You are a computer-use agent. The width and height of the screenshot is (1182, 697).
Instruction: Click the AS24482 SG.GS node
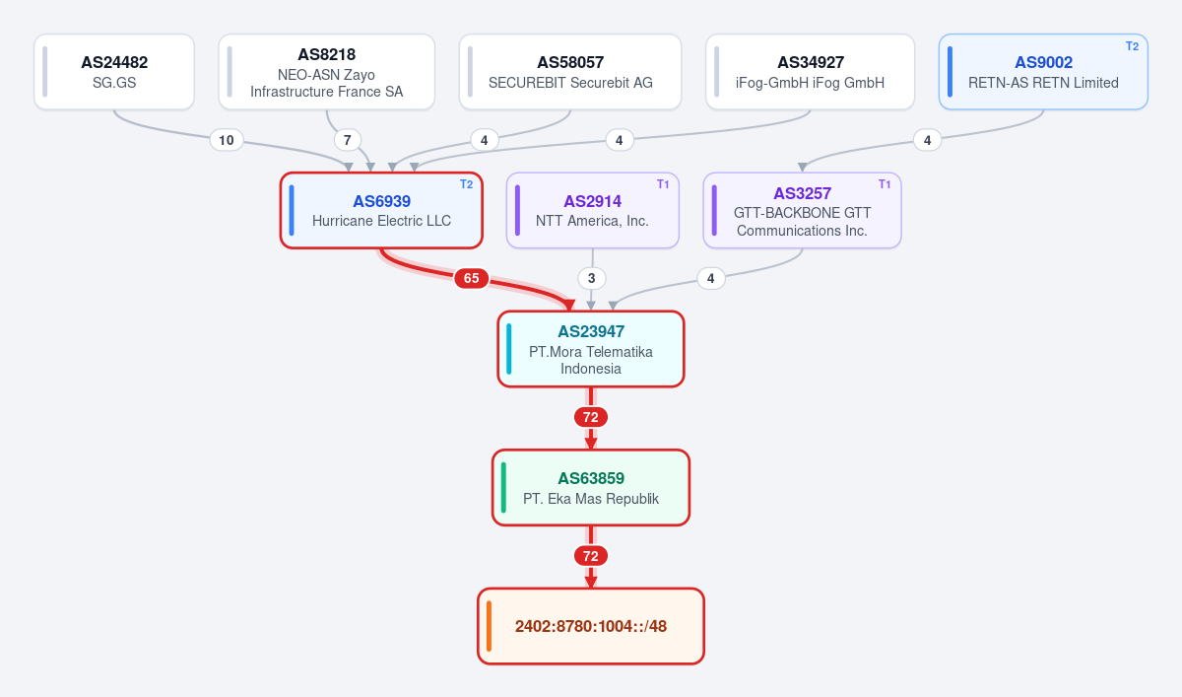click(x=114, y=72)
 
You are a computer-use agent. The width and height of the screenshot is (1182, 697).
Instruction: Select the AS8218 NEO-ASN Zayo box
click(x=327, y=72)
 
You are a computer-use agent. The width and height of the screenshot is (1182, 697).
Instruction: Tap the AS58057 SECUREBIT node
click(x=570, y=72)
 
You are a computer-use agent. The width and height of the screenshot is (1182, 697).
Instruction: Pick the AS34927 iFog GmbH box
click(x=810, y=72)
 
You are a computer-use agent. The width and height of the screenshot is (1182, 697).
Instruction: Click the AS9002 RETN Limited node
click(x=1043, y=72)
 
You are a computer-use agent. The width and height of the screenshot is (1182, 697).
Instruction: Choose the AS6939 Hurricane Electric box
click(x=381, y=210)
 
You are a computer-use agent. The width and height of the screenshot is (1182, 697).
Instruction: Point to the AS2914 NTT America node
click(x=593, y=210)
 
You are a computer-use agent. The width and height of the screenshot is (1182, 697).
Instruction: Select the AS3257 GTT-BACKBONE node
click(x=802, y=210)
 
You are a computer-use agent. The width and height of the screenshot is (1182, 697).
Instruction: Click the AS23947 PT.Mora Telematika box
click(x=591, y=349)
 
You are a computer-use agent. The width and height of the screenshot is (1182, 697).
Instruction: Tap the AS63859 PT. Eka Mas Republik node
click(x=591, y=487)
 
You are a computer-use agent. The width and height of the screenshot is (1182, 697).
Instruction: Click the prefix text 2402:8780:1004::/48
click(x=591, y=626)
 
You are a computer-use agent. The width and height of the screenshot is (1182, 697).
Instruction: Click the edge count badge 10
click(x=227, y=140)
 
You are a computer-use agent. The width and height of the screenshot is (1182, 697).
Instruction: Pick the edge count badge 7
click(x=347, y=140)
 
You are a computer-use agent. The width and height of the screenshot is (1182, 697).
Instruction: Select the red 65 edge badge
click(x=471, y=278)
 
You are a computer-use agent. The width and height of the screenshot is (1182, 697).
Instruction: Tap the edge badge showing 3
click(x=592, y=278)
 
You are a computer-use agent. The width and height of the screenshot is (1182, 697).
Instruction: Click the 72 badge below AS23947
click(x=591, y=417)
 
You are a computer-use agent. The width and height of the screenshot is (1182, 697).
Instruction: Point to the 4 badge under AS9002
click(x=927, y=140)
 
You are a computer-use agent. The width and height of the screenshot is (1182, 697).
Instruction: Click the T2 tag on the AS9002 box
click(x=1132, y=46)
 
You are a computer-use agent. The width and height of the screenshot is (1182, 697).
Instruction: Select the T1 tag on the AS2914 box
click(x=663, y=184)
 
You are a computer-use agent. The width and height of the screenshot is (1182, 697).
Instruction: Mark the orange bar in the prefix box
click(x=490, y=626)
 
